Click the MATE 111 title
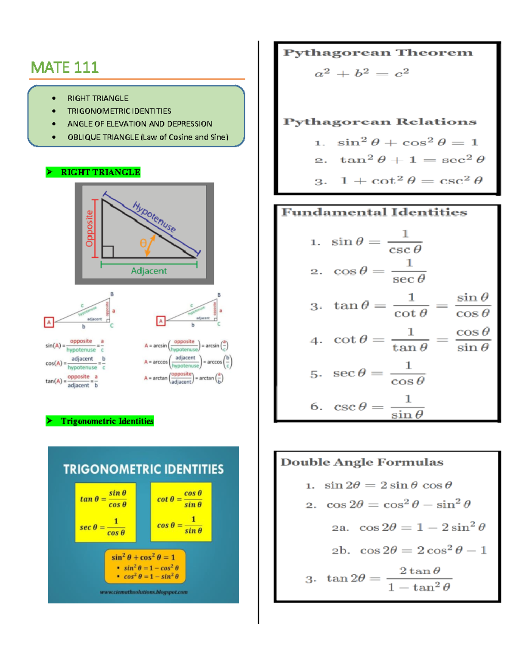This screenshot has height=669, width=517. tap(65, 68)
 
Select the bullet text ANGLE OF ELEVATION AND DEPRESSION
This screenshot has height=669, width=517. tap(140, 124)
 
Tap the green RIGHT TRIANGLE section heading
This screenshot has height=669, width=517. tap(100, 172)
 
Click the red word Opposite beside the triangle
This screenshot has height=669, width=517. tap(89, 228)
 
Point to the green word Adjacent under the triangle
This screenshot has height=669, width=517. tap(149, 271)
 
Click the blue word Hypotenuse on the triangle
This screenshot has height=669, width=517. tap(154, 217)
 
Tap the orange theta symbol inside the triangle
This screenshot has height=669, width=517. tap(143, 243)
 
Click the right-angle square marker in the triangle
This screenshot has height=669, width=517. tap(108, 252)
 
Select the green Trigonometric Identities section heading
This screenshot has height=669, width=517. tap(107, 421)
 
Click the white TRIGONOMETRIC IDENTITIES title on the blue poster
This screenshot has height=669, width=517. tap(143, 469)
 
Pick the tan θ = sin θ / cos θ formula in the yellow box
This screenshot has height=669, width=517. tap(104, 499)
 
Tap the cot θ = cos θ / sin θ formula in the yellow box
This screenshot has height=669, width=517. tap(180, 499)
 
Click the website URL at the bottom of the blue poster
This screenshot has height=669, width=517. tap(143, 592)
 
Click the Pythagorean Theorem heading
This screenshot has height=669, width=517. tap(378, 53)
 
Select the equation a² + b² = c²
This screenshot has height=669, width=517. tap(362, 73)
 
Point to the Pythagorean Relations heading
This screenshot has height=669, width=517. tap(380, 122)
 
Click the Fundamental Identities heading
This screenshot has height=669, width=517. tap(374, 212)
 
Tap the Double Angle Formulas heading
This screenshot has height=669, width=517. tap(362, 462)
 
